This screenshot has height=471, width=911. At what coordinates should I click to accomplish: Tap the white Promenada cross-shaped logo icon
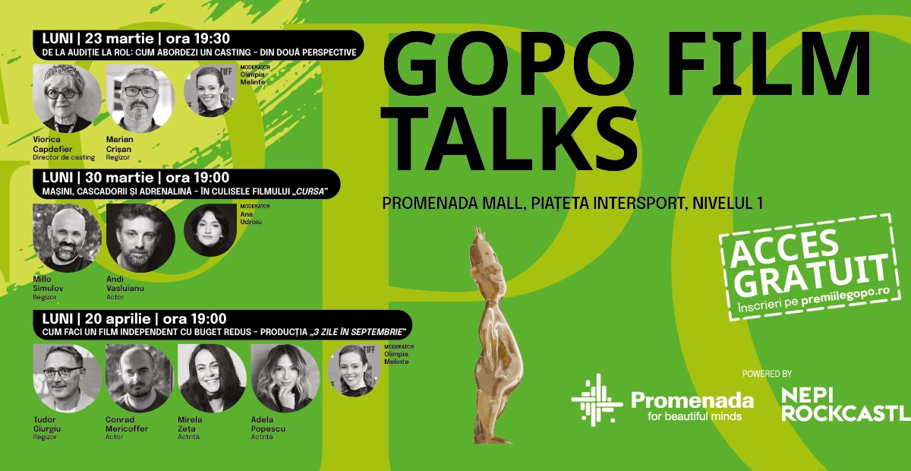point(597,400)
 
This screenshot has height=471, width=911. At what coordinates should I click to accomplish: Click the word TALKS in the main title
point(509,138)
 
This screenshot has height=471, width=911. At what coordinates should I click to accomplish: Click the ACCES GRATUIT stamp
point(810,267)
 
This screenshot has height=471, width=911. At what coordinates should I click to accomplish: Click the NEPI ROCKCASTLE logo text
point(845,404)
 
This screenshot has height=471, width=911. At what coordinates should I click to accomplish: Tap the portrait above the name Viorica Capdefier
point(67,98)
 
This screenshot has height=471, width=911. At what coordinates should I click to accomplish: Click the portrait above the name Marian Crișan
point(140,98)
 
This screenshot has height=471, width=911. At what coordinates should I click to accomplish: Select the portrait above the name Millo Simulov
point(67,238)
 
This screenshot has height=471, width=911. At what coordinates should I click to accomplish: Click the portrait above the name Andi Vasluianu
point(140,238)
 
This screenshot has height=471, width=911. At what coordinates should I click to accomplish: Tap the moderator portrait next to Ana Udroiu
point(210,230)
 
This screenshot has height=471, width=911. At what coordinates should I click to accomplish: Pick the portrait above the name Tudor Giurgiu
point(68,378)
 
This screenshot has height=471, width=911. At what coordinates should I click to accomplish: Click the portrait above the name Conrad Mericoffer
point(140,378)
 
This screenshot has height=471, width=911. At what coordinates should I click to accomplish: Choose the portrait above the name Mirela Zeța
point(212,378)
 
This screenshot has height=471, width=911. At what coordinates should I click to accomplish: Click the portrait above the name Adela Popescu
point(285,378)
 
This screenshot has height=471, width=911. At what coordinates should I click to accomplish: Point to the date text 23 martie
point(119,39)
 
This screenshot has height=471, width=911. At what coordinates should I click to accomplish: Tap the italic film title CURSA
point(310,191)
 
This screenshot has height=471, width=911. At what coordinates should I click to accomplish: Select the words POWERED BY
point(767,374)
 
